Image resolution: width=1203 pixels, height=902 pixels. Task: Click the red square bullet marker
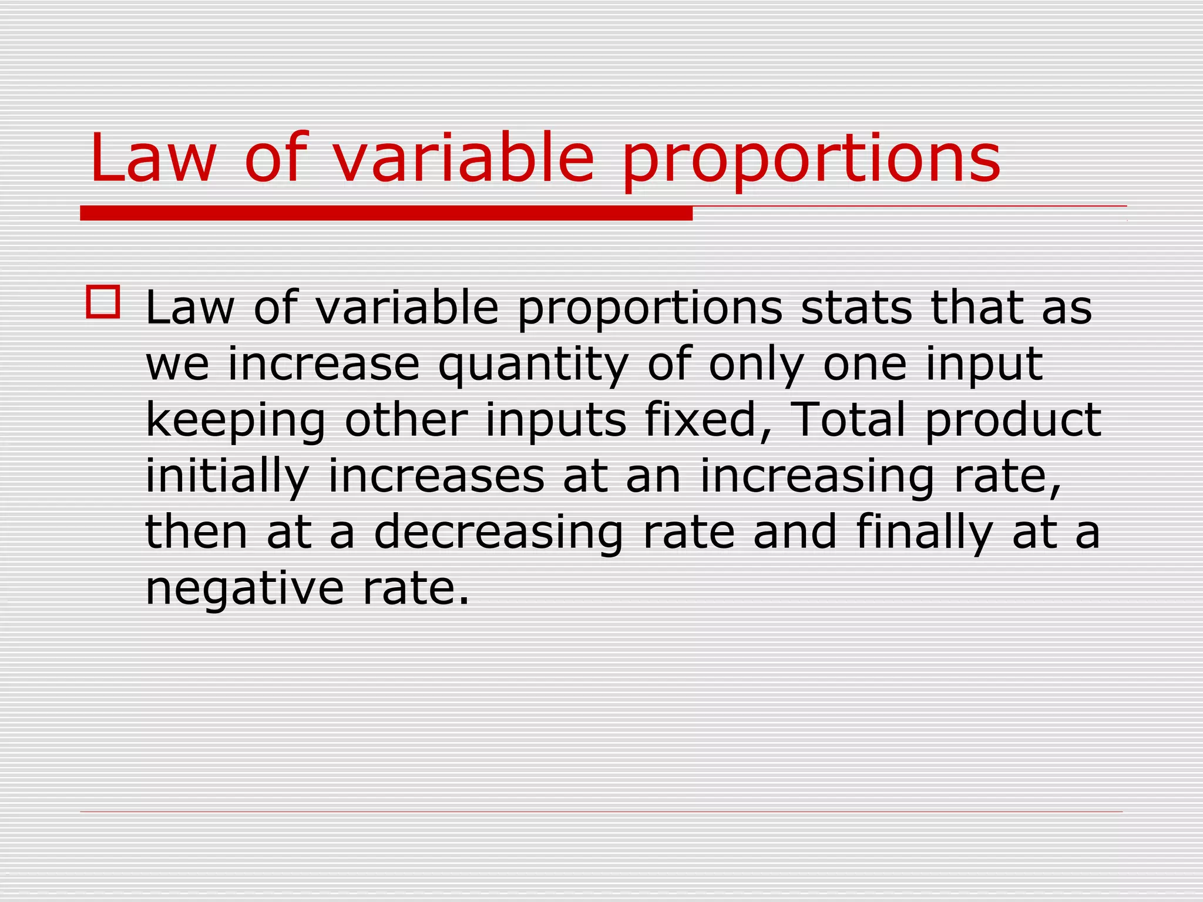point(103,302)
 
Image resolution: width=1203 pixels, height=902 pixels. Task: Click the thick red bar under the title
point(386,213)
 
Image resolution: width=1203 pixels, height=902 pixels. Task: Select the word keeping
point(235,422)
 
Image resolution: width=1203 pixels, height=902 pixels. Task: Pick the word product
point(1013,422)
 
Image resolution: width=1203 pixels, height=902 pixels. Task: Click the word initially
point(227,477)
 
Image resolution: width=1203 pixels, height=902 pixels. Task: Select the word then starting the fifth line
point(196,532)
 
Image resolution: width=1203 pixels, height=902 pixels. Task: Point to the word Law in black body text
point(189,308)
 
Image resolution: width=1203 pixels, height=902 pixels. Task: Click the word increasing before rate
point(816,477)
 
